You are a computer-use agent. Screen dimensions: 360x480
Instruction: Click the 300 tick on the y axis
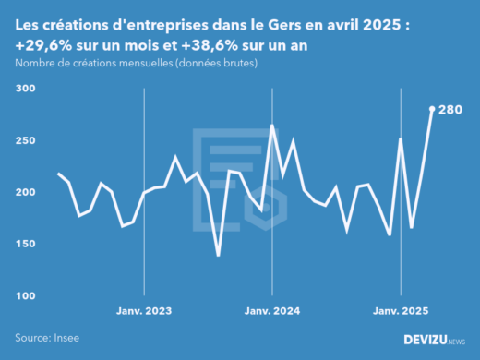point(25,89)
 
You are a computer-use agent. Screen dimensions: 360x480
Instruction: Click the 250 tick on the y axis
point(25,140)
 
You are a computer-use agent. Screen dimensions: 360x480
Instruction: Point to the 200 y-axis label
point(25,192)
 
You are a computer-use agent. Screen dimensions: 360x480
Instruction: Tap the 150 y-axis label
point(25,244)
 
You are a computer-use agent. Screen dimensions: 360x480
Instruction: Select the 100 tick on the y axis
point(25,295)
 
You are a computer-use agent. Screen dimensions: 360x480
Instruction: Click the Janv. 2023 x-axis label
point(144,310)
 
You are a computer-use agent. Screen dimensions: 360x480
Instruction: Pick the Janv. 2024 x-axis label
point(272,310)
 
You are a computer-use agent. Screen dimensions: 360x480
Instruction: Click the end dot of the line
point(432,109)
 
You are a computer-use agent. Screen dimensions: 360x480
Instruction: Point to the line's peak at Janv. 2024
point(272,126)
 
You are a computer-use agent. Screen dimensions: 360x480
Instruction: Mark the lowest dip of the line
point(219,256)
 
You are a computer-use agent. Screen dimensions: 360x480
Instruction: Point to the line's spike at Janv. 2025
point(401,139)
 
